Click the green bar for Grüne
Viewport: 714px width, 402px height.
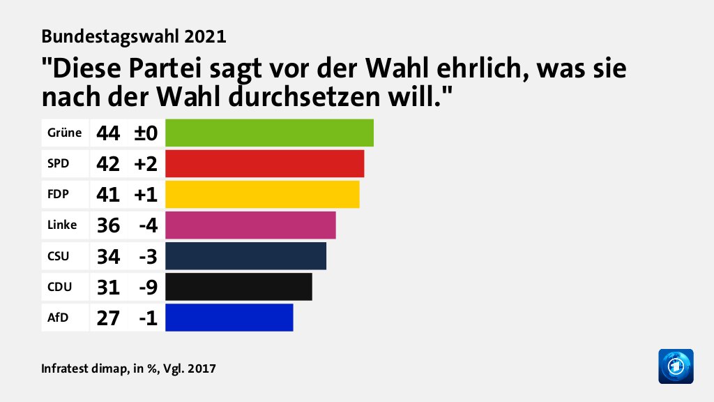pos(269,133)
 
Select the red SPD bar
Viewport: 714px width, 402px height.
pos(264,163)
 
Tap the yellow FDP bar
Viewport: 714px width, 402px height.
pos(262,194)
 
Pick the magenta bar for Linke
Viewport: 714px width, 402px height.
pos(250,225)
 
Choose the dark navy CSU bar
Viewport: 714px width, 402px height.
pos(245,255)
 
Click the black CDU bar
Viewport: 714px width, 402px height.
pos(238,286)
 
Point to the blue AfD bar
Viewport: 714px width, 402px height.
pos(229,317)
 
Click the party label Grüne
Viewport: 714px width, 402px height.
pos(64,133)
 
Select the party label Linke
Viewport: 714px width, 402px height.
pos(62,225)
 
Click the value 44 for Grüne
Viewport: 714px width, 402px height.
pos(109,133)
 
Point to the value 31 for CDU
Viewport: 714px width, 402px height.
pos(109,286)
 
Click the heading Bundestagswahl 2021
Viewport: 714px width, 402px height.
pos(134,34)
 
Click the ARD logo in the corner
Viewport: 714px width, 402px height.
pos(676,366)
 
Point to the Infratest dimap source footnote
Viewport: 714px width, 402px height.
pos(128,368)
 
